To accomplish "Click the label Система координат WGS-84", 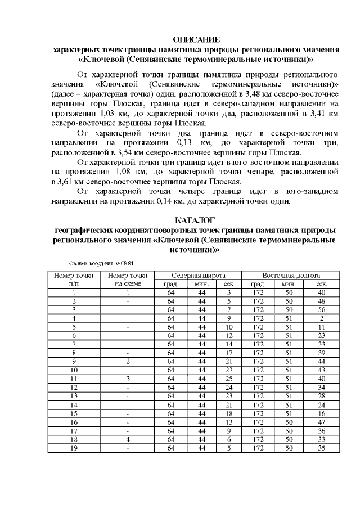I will pyautogui.click(x=102, y=263).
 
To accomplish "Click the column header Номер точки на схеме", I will pyautogui.click(x=128, y=280).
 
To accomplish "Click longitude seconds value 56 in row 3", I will pyautogui.click(x=321, y=309).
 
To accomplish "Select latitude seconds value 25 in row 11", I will pyautogui.click(x=228, y=377).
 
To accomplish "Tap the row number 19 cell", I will pyautogui.click(x=74, y=448).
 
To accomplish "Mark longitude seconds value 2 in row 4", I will pyautogui.click(x=321, y=318).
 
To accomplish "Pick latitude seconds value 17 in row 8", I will pyautogui.click(x=228, y=352).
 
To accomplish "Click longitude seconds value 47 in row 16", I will pyautogui.click(x=321, y=422).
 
